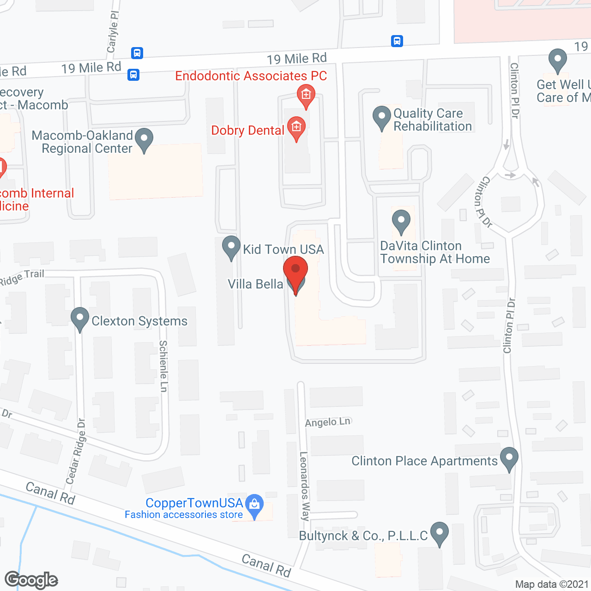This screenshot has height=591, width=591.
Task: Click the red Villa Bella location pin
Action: (x=295, y=271)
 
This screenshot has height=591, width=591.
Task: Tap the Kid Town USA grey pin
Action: (x=231, y=247)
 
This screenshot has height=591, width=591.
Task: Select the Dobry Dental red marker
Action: (x=296, y=127)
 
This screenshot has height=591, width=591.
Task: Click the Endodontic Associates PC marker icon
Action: (x=306, y=95)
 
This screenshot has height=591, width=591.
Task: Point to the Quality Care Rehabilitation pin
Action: (x=382, y=117)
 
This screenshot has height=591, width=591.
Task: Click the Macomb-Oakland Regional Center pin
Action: (x=144, y=139)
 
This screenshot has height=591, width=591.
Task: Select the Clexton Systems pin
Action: (x=80, y=318)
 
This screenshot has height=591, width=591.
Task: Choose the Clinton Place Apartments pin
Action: (x=509, y=458)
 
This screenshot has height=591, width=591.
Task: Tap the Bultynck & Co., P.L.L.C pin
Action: (x=439, y=533)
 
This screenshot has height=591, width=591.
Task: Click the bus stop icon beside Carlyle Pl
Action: (x=137, y=53)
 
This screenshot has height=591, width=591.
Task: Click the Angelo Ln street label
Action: (x=328, y=422)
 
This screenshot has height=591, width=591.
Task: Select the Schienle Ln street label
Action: (x=163, y=366)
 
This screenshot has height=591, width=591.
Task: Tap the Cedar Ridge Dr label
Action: (x=76, y=451)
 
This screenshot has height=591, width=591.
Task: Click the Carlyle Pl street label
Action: (x=113, y=31)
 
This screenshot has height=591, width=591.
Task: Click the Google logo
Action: (x=31, y=580)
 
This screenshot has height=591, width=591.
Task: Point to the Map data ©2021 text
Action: (x=552, y=585)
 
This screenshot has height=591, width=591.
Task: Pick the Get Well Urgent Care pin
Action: (x=557, y=60)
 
